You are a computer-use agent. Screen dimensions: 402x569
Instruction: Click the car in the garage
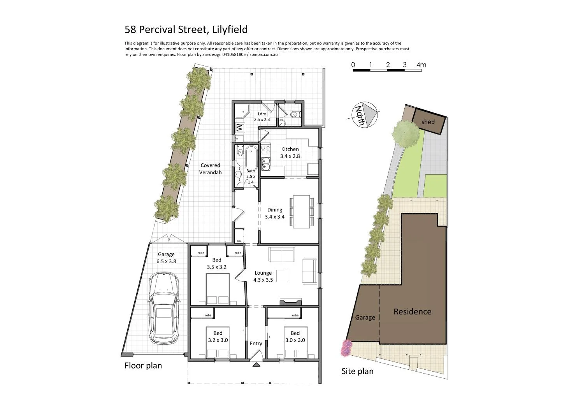[x=163, y=308]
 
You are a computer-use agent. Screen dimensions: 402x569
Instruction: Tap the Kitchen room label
[x=290, y=149]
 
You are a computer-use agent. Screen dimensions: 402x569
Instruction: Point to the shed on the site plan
[x=428, y=122]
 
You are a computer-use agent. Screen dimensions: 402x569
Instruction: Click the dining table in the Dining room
[x=302, y=211]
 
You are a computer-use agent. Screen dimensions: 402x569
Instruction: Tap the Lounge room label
[x=263, y=273]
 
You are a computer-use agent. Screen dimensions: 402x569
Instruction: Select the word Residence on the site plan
[x=412, y=311]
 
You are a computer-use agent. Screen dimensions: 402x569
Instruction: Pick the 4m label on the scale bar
[x=421, y=65]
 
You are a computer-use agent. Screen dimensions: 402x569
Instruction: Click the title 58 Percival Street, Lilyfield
[x=186, y=30]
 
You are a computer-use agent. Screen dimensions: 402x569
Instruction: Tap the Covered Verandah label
[x=210, y=169]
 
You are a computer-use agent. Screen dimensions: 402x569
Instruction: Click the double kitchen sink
[x=266, y=163]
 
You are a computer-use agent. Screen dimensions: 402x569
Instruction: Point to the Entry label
[x=256, y=343]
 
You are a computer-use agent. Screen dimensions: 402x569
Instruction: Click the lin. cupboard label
[x=239, y=241]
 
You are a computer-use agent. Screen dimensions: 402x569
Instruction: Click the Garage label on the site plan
[x=365, y=318]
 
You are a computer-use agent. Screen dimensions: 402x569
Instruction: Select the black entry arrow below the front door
[x=256, y=364]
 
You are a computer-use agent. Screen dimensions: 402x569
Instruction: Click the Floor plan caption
[x=143, y=365]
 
